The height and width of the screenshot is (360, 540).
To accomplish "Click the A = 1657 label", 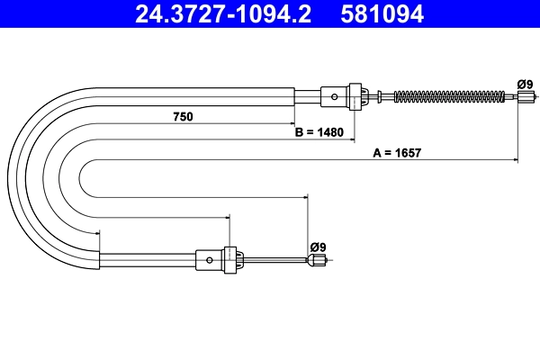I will (x=398, y=153).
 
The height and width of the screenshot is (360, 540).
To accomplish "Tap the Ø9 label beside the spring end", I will (x=525, y=85).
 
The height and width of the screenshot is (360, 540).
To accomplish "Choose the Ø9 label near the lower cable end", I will (x=318, y=245).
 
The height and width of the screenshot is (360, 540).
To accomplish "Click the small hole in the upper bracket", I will (x=335, y=95).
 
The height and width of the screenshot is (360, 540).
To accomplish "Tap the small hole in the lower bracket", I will (x=210, y=261).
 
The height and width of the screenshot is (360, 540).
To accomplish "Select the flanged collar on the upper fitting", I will (x=355, y=95).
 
